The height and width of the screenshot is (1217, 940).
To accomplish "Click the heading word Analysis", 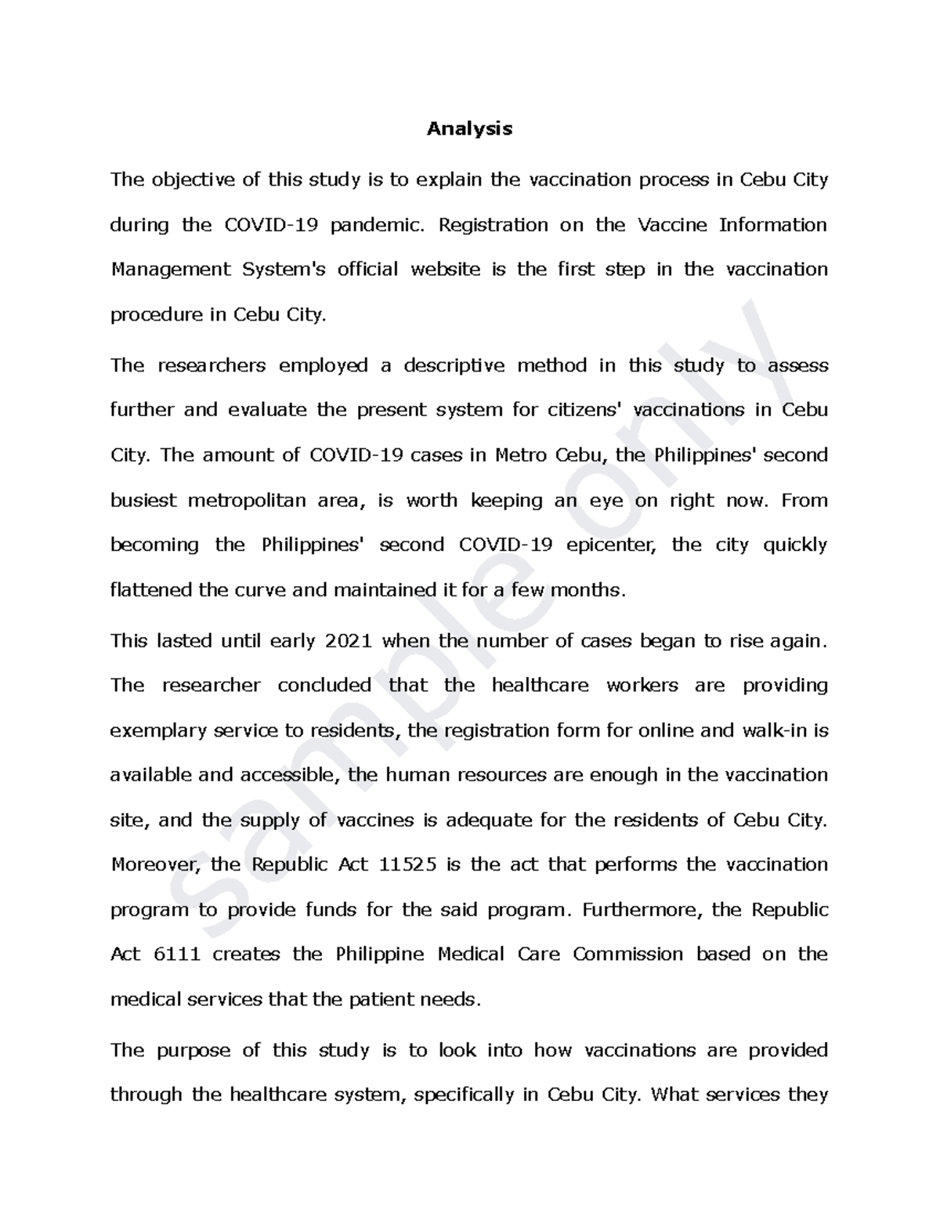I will click(x=469, y=129).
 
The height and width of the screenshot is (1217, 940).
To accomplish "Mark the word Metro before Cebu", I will click(x=522, y=455).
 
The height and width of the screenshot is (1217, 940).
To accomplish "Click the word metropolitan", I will click(x=247, y=500).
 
